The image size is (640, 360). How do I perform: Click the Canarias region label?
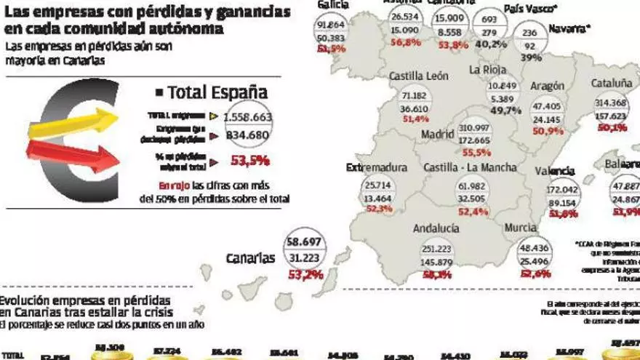[x=250, y=258]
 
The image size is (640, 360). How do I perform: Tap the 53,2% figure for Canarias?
[x=305, y=274]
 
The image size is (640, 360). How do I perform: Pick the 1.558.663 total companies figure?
[x=247, y=116]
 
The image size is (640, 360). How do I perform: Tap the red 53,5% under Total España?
[x=249, y=161]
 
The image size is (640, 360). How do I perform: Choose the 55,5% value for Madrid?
[x=476, y=153]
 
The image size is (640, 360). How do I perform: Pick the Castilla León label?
[x=418, y=75]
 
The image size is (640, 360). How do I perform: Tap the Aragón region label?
[x=547, y=86]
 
